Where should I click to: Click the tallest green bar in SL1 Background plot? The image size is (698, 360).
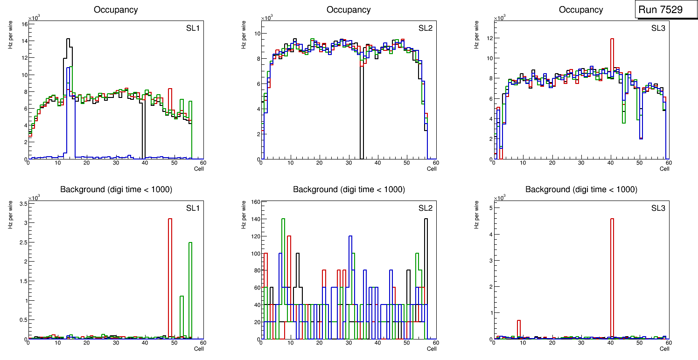point(190,289)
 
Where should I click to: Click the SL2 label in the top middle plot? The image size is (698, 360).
point(425,28)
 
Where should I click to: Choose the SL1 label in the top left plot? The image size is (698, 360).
point(193,28)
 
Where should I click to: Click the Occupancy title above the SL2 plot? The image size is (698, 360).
point(349,10)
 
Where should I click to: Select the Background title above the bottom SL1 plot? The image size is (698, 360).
point(116,189)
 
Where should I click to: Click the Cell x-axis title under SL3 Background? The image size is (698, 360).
point(664,348)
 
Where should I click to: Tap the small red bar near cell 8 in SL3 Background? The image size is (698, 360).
point(518,329)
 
